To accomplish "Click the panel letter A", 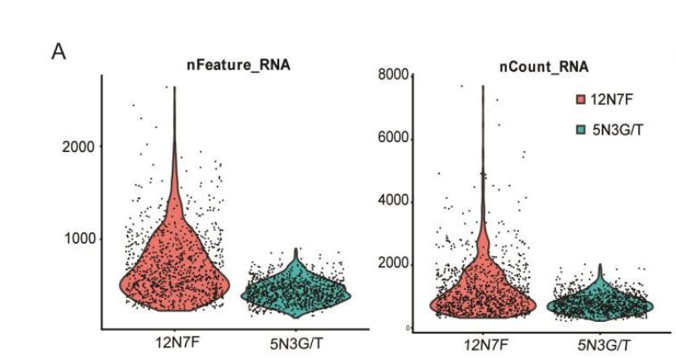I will [x=59, y=53].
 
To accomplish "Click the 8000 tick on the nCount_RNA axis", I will [x=395, y=76].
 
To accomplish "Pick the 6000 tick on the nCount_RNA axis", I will [x=395, y=139].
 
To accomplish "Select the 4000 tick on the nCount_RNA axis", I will [x=395, y=201].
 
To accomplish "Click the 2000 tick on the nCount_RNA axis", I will [x=395, y=264].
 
